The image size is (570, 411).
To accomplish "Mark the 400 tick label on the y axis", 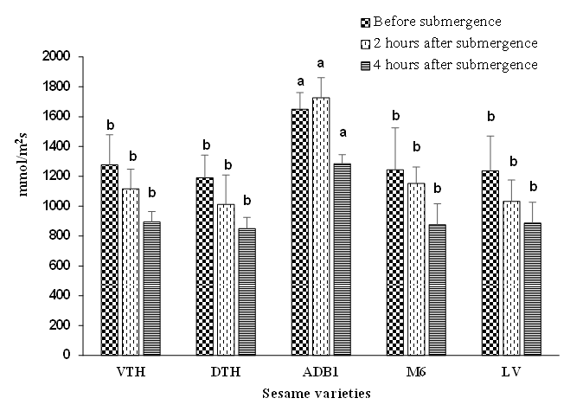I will click(x=68, y=295).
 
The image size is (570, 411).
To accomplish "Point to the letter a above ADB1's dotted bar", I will click(x=320, y=63).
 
